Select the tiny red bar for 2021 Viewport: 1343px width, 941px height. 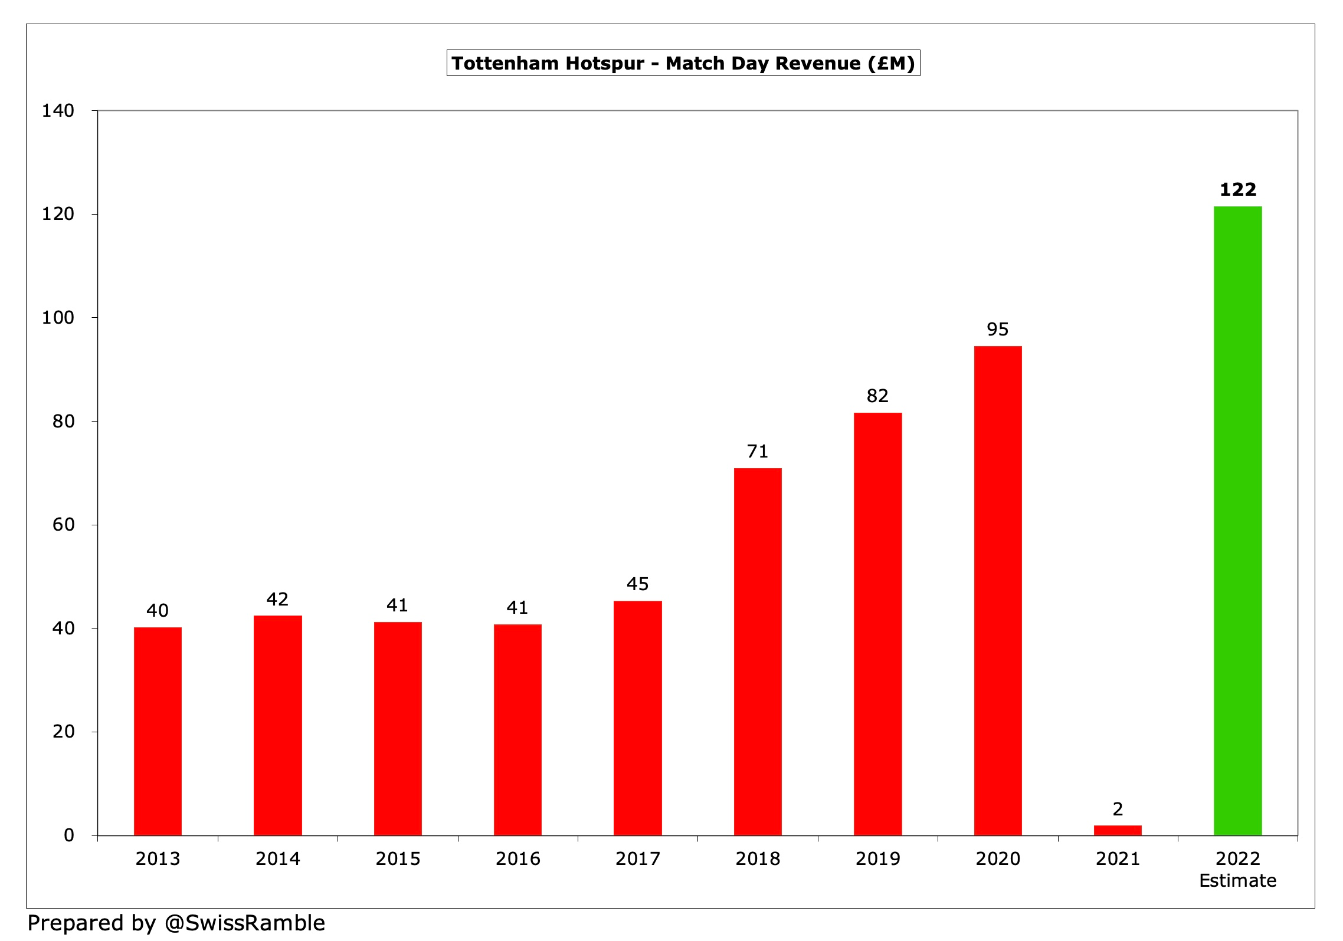click(1118, 830)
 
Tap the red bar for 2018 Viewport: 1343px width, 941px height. click(758, 652)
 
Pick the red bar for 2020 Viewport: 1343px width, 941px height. click(998, 590)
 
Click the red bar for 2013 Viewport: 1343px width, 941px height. click(158, 731)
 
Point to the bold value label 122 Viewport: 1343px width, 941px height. click(1238, 189)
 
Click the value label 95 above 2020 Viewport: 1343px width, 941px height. click(998, 329)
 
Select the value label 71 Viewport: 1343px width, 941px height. click(758, 451)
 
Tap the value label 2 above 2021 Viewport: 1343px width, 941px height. click(1118, 809)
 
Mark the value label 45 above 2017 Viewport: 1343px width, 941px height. click(637, 584)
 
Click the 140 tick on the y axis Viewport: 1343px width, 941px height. click(58, 111)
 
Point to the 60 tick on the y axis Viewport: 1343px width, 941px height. click(63, 525)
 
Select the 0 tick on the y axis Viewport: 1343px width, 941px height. click(69, 835)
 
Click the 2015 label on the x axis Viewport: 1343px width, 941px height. click(398, 858)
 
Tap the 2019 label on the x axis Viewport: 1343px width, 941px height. click(877, 858)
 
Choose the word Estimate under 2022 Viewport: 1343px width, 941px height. click(1237, 881)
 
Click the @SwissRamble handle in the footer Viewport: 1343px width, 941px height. click(244, 923)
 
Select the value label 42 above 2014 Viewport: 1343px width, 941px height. click(277, 599)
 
